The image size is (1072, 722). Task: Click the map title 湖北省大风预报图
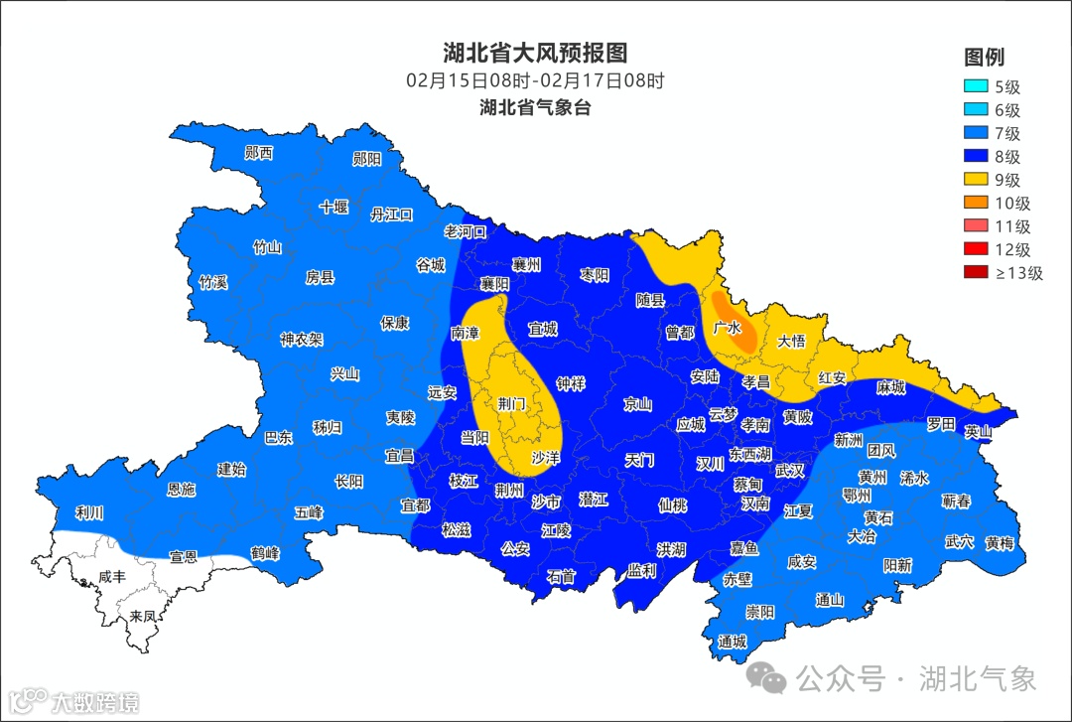click(535, 53)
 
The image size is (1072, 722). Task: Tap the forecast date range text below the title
click(535, 81)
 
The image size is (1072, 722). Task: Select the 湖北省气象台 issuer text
click(535, 108)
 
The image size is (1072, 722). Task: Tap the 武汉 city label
click(790, 470)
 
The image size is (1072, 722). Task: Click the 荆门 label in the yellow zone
click(513, 404)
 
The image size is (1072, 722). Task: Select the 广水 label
click(727, 327)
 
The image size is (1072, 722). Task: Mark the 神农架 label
click(301, 340)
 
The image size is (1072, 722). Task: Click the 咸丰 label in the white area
click(112, 577)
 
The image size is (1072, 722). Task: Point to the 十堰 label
click(334, 207)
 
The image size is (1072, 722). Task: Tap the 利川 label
click(89, 513)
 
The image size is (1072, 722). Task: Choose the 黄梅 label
click(1000, 542)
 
